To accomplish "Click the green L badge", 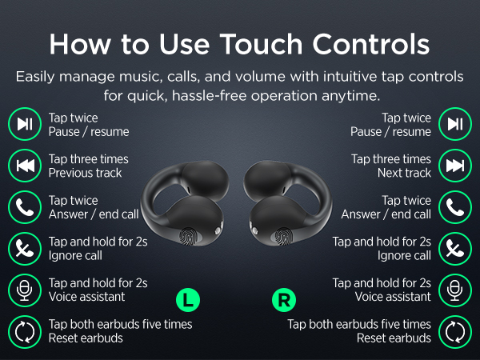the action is point(188,300).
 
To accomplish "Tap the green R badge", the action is point(284,300).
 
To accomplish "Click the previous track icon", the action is point(25,166).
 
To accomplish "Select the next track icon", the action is point(455,166).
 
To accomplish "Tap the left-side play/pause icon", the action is point(25,124).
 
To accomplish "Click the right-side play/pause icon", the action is point(455,124).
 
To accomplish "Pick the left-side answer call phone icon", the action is point(25,207).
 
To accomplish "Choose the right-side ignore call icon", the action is point(455,249).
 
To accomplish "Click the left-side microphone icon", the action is point(25,290).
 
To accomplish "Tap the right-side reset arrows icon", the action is point(455,332).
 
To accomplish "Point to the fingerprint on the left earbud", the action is point(188,237).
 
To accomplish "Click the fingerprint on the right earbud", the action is point(283,237).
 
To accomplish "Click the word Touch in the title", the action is point(261,44).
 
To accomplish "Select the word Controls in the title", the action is point(371,44).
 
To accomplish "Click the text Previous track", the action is point(85,173).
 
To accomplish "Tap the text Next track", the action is point(404,173).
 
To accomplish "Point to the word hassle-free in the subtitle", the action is point(210,96).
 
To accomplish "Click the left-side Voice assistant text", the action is point(86,297).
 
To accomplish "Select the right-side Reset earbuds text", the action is point(394,338).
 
